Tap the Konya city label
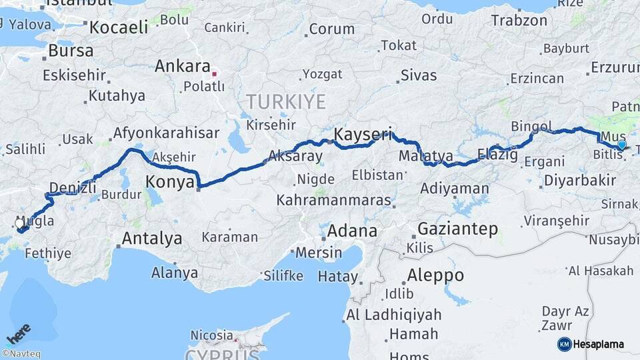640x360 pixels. [x=169, y=181]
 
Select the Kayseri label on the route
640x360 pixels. [x=362, y=134]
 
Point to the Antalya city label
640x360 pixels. [x=151, y=238]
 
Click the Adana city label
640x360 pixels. [x=353, y=231]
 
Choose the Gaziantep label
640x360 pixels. [x=457, y=229]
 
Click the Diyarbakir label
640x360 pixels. [x=579, y=180]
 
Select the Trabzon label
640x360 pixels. [x=519, y=20]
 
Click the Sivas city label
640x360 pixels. [x=419, y=75]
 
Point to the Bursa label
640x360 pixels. [x=71, y=51]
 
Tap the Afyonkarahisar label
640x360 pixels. [x=165, y=133]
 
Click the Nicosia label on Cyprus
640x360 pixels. [x=211, y=335]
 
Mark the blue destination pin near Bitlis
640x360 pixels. [x=622, y=145]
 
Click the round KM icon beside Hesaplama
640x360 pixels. [x=565, y=344]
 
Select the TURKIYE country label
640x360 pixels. [x=286, y=102]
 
